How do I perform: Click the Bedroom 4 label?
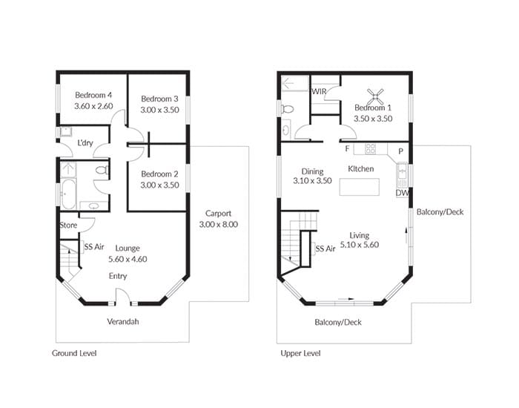click(93, 96)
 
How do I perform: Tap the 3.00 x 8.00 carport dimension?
click(219, 225)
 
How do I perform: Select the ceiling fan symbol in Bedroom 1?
click(375, 96)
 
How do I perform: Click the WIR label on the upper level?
click(319, 91)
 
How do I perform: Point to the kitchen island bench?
click(360, 187)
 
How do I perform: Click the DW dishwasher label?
click(402, 193)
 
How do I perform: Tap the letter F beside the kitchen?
click(347, 148)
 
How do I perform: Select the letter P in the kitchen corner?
click(400, 151)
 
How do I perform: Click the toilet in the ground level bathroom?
click(102, 171)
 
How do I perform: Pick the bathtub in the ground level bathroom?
click(68, 194)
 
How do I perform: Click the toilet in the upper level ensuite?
click(288, 108)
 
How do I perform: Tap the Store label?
click(68, 226)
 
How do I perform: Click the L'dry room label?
click(85, 143)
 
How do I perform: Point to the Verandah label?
click(123, 321)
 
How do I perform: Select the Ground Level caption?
click(74, 353)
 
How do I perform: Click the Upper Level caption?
click(300, 353)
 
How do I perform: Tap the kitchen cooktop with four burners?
click(370, 148)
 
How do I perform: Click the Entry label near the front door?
click(118, 276)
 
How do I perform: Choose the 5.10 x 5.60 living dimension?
click(360, 245)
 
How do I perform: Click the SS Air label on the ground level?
click(94, 247)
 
